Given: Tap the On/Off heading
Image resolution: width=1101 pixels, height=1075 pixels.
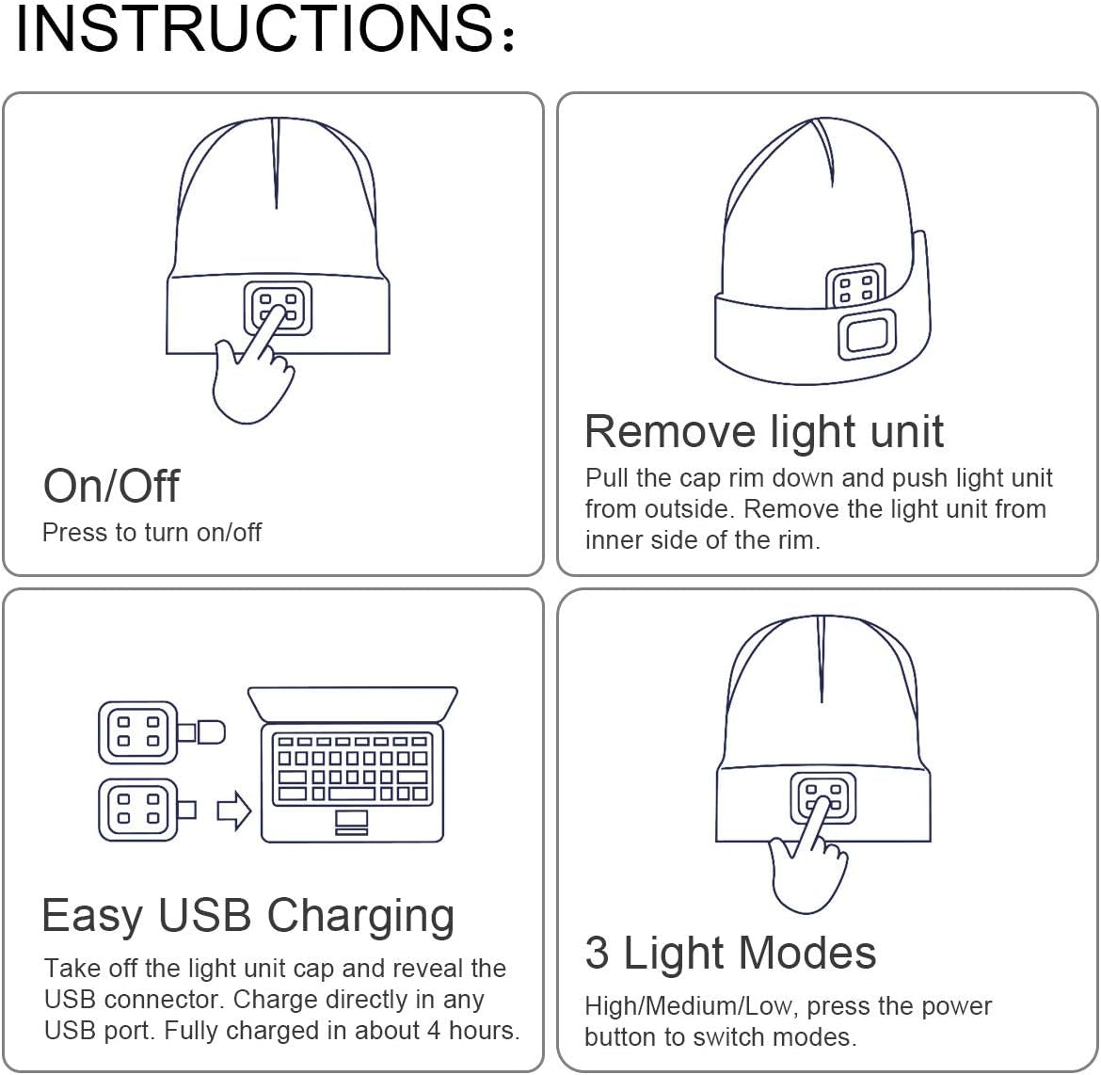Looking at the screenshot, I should pos(111,486).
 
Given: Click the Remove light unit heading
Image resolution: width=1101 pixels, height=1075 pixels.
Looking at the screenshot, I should pos(763,431).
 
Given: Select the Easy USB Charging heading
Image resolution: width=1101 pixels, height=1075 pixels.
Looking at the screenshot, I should pos(248,915).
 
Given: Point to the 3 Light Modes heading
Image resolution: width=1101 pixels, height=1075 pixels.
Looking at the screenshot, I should pos(730,953).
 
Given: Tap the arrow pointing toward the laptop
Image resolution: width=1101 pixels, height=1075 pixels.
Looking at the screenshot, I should pos(233,810).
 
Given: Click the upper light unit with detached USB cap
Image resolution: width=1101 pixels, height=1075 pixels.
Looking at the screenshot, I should pos(137,731).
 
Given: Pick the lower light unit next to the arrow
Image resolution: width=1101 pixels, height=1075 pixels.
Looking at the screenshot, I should pos(137,810).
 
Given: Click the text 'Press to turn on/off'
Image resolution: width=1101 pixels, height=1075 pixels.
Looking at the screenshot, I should pos(152,533).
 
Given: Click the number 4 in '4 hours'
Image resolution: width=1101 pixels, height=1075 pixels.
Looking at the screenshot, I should pos(434,1031).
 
